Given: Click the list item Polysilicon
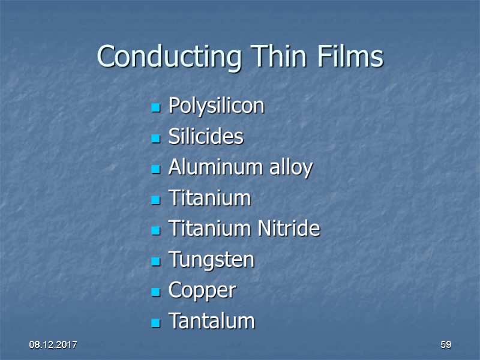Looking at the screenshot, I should click(x=216, y=106).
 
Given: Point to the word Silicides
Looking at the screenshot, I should click(x=206, y=137).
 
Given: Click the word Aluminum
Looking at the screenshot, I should click(x=206, y=167).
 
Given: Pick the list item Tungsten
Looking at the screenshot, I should click(x=211, y=260).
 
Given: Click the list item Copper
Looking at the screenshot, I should click(x=202, y=291).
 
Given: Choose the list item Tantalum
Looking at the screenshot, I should click(x=211, y=321).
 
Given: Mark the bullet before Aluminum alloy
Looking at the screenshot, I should click(x=155, y=170).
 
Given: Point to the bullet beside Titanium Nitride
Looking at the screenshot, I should click(x=155, y=231).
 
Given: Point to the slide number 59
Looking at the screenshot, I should click(x=446, y=345).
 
